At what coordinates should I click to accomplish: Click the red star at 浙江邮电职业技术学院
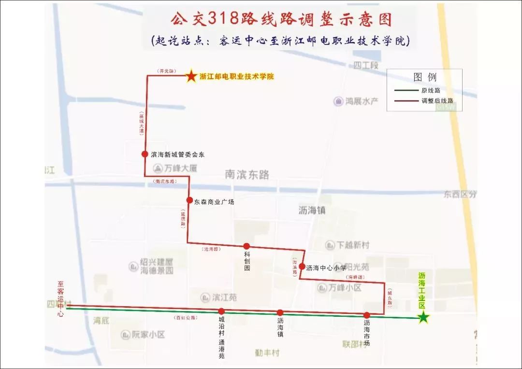(x=191, y=76)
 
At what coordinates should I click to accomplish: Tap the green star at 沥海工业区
(x=423, y=317)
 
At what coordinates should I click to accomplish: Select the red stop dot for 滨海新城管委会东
(x=145, y=154)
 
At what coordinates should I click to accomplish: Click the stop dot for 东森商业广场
(x=190, y=200)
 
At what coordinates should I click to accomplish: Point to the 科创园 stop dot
(x=246, y=246)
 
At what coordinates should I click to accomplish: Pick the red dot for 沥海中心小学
(x=302, y=266)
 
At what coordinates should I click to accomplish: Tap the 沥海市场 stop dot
(x=367, y=315)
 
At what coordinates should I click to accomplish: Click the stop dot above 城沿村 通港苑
(x=221, y=312)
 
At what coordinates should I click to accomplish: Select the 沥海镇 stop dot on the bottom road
(x=280, y=313)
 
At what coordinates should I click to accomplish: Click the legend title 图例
(x=425, y=77)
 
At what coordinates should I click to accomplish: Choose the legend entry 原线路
(x=430, y=90)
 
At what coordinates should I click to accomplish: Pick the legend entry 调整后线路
(x=437, y=101)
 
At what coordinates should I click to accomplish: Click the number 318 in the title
(x=223, y=19)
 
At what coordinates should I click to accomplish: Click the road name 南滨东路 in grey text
(x=247, y=174)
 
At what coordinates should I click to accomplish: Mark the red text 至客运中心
(x=61, y=299)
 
